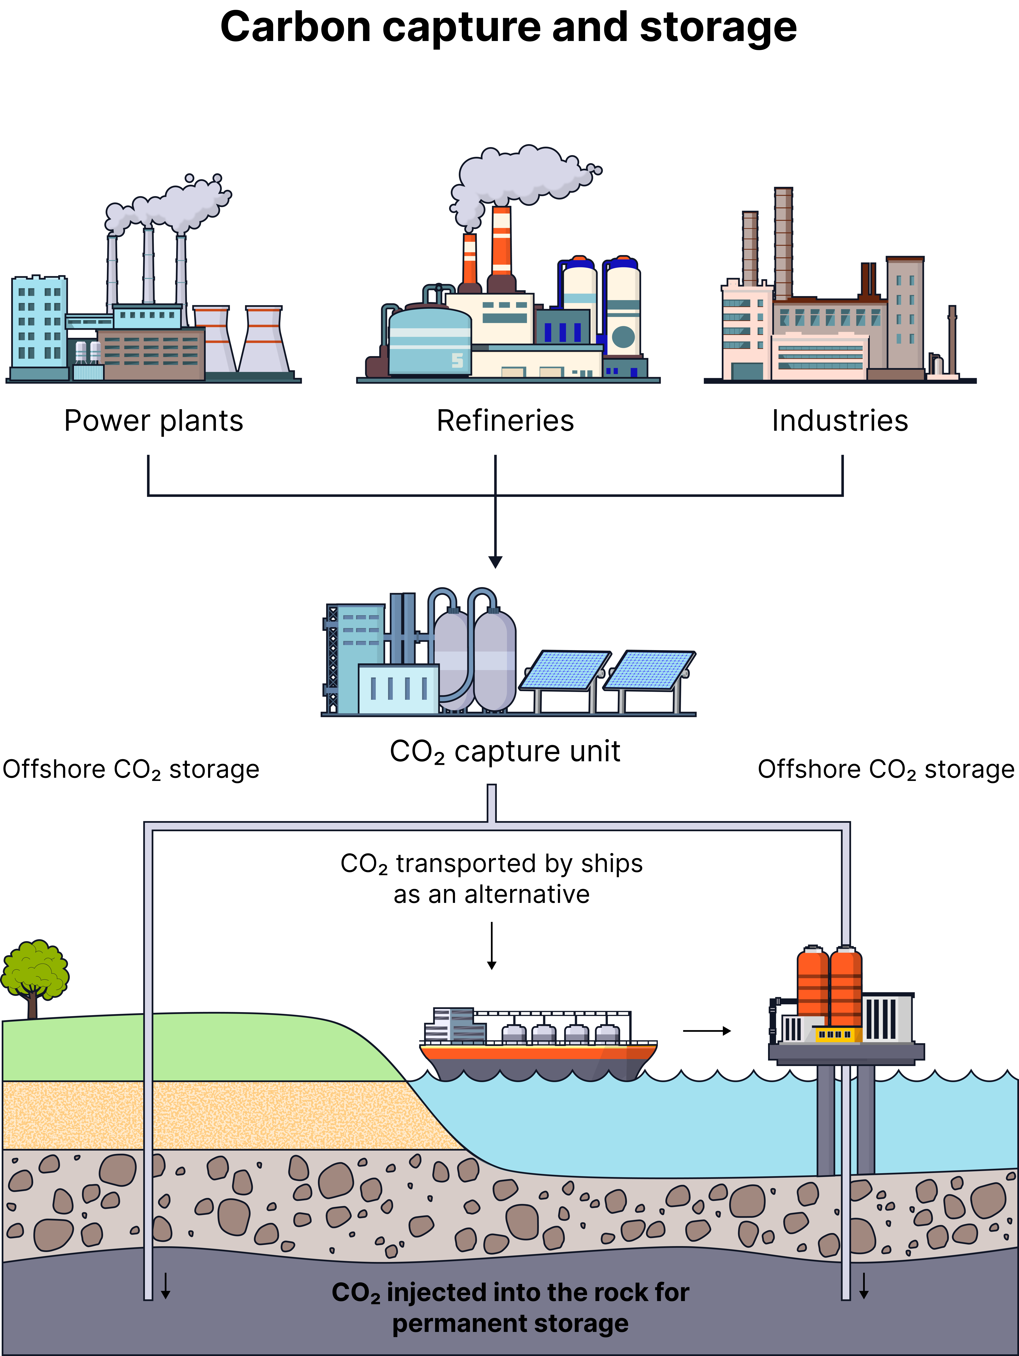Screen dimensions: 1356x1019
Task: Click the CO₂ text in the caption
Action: pyautogui.click(x=355, y=1293)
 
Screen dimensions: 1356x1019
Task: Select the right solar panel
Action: pyautogui.click(x=649, y=670)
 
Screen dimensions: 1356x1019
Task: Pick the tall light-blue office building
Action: pyautogui.click(x=39, y=322)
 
